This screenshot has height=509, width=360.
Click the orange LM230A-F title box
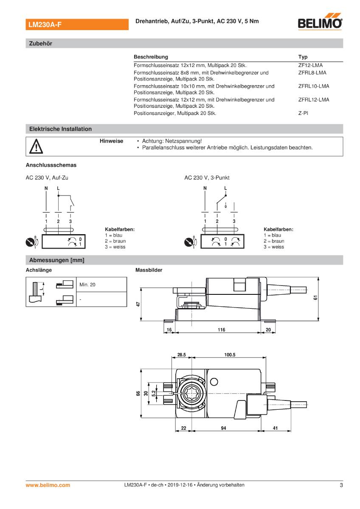click(77, 25)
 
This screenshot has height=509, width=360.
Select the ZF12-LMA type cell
click(310, 65)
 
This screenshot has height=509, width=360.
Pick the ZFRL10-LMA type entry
click(313, 86)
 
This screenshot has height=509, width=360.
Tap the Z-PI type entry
click(303, 114)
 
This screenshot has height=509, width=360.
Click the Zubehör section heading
click(40, 43)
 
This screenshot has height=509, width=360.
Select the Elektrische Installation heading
click(60, 129)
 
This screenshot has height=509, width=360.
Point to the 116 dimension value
click(221, 330)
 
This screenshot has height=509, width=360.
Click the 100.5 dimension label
click(230, 355)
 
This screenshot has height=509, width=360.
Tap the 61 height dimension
click(315, 298)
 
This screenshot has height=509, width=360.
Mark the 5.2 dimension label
click(153, 393)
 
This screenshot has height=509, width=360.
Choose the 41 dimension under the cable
click(275, 428)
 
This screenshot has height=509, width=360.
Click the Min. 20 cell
click(87, 285)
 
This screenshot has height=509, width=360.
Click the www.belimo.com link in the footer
click(48, 485)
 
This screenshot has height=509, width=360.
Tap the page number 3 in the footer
click(341, 485)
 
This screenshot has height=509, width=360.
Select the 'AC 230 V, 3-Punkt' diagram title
click(207, 178)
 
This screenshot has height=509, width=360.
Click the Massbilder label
click(149, 270)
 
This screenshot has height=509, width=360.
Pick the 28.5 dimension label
click(182, 355)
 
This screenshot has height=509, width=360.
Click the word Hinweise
click(111, 141)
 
